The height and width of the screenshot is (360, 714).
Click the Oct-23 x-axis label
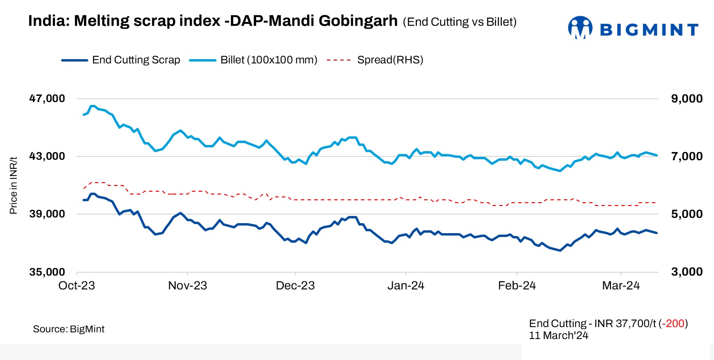[77, 286]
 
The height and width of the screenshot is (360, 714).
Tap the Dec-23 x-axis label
[296, 286]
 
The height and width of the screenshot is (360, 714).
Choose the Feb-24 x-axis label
[517, 286]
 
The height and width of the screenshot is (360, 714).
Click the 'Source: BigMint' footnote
[69, 329]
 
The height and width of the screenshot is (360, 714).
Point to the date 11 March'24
[559, 335]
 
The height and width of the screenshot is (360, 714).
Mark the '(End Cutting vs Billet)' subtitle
[460, 22]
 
